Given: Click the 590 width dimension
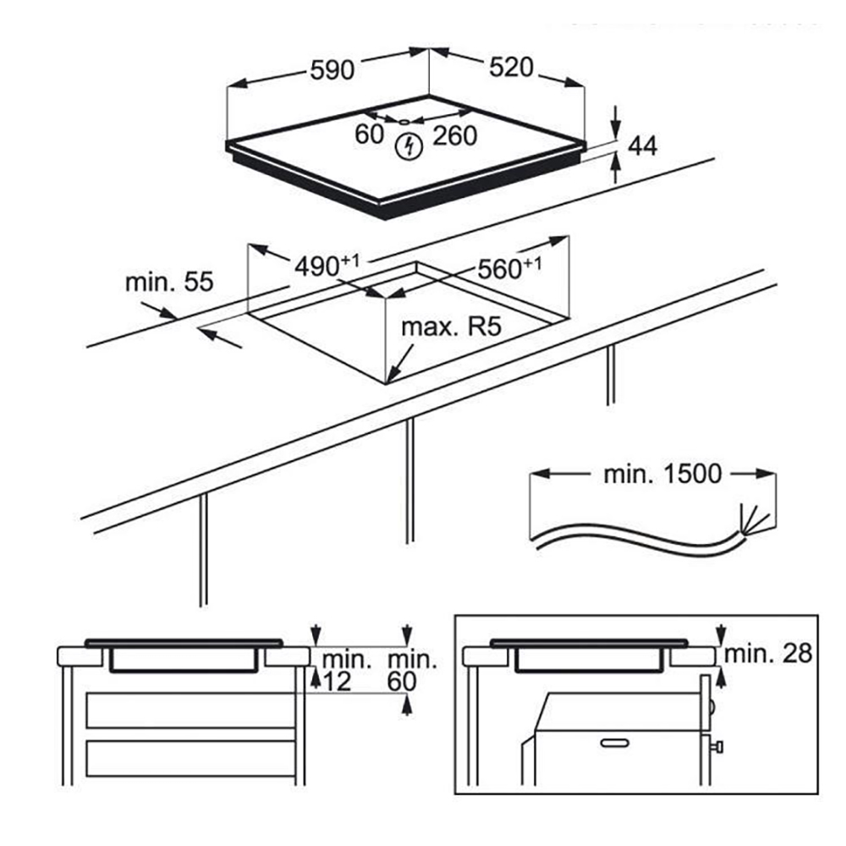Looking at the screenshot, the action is click(x=332, y=70).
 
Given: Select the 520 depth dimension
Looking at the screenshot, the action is click(x=511, y=68).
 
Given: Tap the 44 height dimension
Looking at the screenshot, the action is click(x=643, y=146).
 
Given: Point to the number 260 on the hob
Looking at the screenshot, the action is click(x=455, y=136).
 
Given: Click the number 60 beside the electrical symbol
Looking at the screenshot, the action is click(x=369, y=135).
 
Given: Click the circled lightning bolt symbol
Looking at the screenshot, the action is click(x=409, y=146).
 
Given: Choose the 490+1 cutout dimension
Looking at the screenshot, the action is click(x=327, y=266).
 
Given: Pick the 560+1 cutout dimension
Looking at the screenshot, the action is click(x=509, y=268).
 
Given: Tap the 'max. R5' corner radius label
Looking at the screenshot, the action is click(x=452, y=327).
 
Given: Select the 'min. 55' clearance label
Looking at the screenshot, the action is click(x=169, y=283).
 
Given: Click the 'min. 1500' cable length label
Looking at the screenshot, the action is click(x=662, y=475).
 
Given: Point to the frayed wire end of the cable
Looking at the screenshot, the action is click(x=753, y=520).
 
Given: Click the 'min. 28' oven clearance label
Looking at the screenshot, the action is click(x=768, y=654).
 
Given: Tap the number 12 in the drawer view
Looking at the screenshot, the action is click(x=338, y=683).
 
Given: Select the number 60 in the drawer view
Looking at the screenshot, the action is click(x=402, y=683).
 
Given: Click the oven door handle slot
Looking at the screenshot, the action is click(x=615, y=744).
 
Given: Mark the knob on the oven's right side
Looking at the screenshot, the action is click(x=717, y=747).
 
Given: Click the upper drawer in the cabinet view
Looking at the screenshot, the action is click(x=191, y=711).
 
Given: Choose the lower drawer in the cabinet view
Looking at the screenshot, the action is click(x=191, y=758).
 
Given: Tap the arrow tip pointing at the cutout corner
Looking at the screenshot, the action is click(x=387, y=382).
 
